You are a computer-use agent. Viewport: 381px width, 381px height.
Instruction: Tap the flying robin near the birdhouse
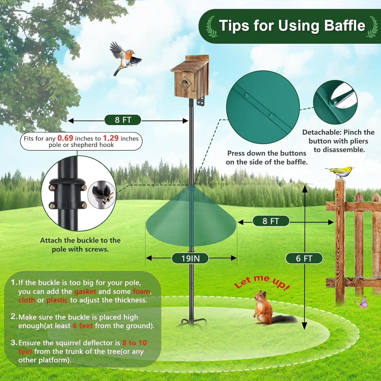pos(125,58)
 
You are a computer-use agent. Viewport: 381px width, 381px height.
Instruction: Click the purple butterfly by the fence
pos(362,302)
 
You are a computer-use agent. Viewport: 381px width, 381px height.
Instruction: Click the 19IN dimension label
pos(190,258)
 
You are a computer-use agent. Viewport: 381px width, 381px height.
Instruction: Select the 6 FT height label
pos(304,258)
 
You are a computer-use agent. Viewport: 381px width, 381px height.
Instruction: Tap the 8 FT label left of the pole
pos(123,120)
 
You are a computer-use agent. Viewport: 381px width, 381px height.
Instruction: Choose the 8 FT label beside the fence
pos(271,221)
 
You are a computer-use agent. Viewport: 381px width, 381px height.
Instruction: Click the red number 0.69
pos(65,138)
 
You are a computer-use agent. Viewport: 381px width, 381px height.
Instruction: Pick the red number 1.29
pos(110,138)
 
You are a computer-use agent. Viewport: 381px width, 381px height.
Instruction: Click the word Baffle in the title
pos(344,26)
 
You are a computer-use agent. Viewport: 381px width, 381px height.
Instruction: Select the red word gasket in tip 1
pos(85,291)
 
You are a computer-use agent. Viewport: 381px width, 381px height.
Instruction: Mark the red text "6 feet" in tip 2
pos(83,326)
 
